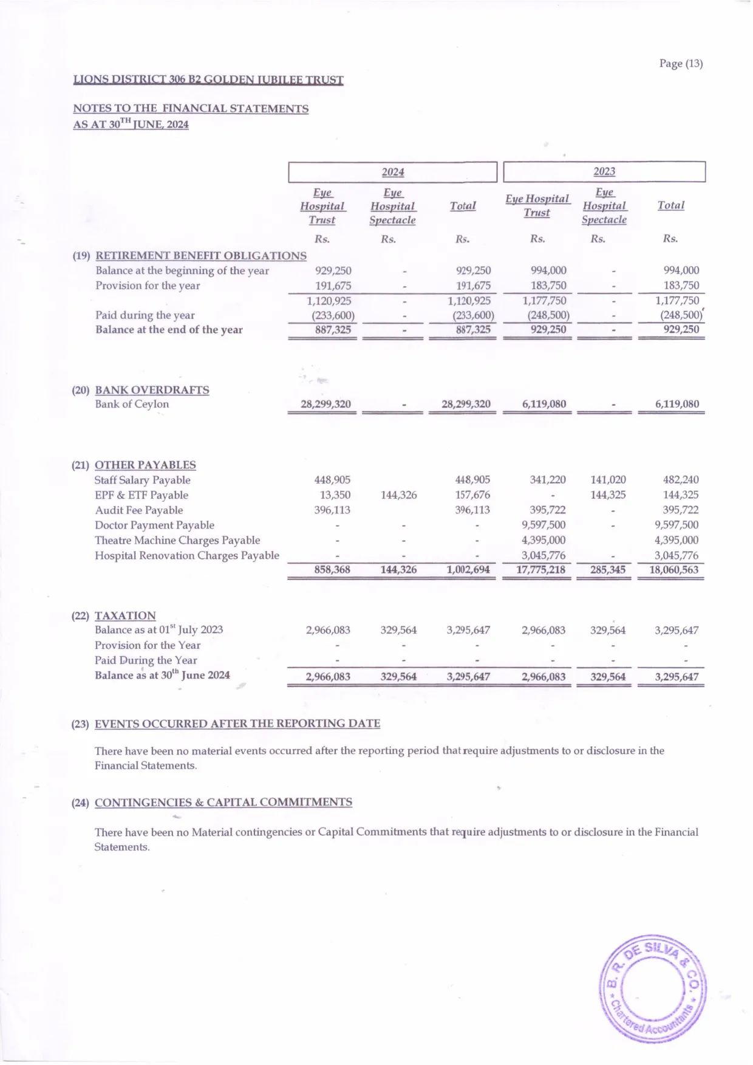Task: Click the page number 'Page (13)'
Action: [681, 63]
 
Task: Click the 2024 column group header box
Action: [392, 172]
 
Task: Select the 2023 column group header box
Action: [604, 171]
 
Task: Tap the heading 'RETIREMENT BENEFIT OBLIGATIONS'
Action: [201, 256]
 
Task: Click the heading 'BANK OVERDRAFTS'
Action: [152, 390]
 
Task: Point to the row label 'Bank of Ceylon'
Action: [132, 404]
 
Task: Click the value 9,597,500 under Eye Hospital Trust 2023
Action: [543, 525]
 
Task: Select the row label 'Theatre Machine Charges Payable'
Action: [177, 540]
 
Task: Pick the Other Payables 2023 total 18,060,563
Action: [674, 570]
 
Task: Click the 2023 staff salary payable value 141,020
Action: [608, 480]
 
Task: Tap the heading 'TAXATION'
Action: [125, 615]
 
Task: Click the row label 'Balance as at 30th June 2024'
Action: [162, 675]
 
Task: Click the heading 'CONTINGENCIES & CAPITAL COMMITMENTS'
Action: [223, 802]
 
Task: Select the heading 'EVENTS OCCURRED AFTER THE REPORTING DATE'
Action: [237, 724]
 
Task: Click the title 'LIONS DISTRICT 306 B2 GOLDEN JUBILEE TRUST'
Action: [208, 80]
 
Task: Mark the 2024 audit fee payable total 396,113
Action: [472, 510]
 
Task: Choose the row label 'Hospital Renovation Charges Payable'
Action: [187, 555]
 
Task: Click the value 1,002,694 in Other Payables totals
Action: [468, 570]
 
